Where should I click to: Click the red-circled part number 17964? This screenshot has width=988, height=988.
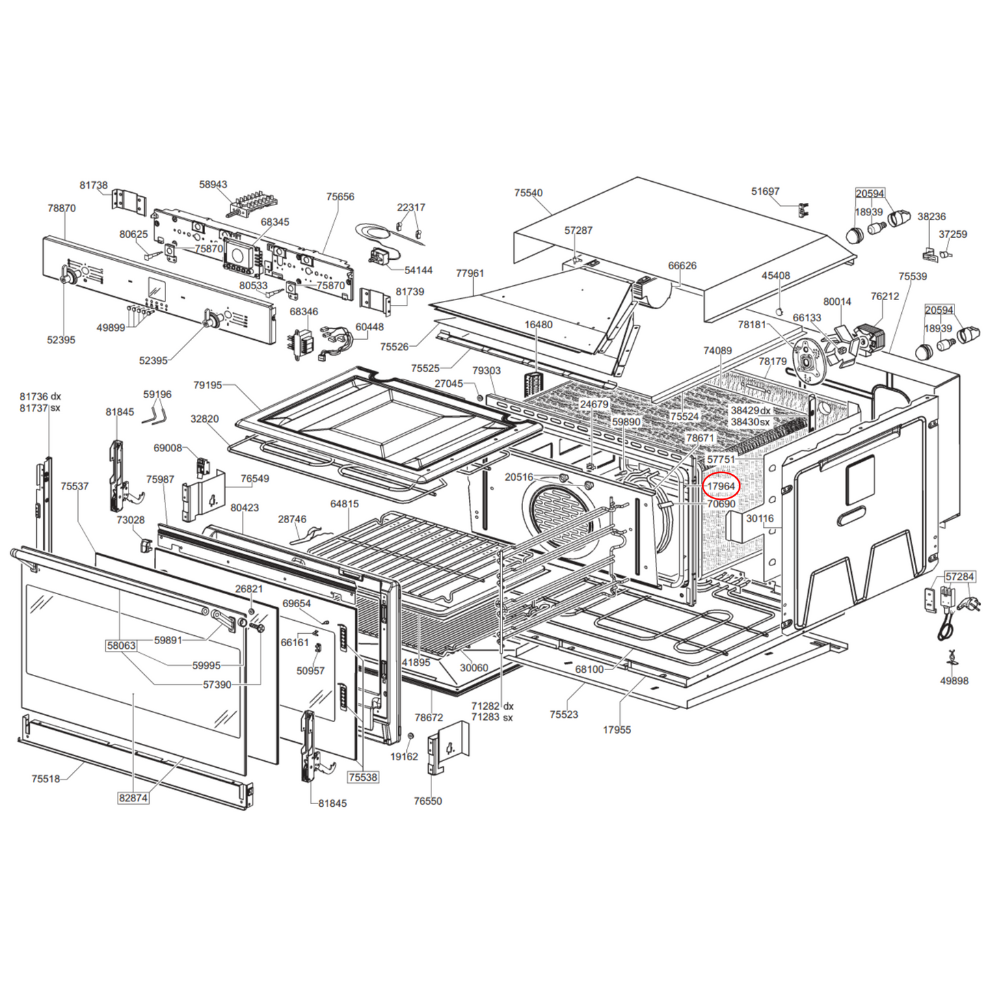pyautogui.click(x=721, y=486)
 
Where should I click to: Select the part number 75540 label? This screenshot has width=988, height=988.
pyautogui.click(x=528, y=193)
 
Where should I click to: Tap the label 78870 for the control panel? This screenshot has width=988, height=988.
pyautogui.click(x=62, y=209)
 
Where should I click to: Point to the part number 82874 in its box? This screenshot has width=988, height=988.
pyautogui.click(x=133, y=798)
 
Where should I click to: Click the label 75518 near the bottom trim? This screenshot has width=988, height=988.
pyautogui.click(x=46, y=779)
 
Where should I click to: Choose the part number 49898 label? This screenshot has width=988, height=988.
pyautogui.click(x=954, y=681)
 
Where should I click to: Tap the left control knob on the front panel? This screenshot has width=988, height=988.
pyautogui.click(x=68, y=276)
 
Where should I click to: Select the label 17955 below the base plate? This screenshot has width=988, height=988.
pyautogui.click(x=617, y=730)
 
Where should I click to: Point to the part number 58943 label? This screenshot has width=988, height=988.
pyautogui.click(x=213, y=185)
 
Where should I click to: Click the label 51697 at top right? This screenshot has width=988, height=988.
pyautogui.click(x=765, y=191)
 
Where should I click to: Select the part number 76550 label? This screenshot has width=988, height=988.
pyautogui.click(x=428, y=801)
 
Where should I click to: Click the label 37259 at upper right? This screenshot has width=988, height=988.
pyautogui.click(x=952, y=235)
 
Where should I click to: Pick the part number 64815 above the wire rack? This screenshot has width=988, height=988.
pyautogui.click(x=344, y=504)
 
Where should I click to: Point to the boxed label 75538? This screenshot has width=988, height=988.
pyautogui.click(x=362, y=777)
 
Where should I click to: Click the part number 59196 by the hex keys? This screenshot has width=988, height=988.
pyautogui.click(x=157, y=395)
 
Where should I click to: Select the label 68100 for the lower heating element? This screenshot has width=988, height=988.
pyautogui.click(x=589, y=669)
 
